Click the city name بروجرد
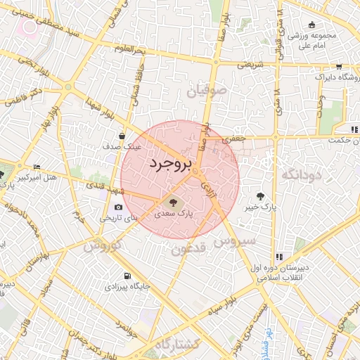coord(170,164)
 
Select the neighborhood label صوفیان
coord(208,90)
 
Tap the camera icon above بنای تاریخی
coord(118,207)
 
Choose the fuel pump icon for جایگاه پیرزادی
coord(127,276)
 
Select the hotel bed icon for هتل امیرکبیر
coord(37,167)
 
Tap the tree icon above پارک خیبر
coord(262,196)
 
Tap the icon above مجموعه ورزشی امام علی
coord(331,24)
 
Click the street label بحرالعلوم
coord(134,50)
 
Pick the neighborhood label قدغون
coord(188,250)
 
